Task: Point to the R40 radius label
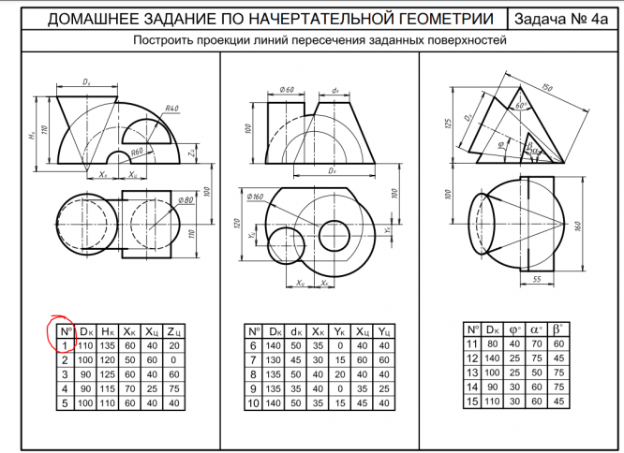(x=171, y=110)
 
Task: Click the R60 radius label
(x=138, y=151)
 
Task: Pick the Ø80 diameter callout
(x=186, y=200)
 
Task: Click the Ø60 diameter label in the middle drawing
(x=288, y=90)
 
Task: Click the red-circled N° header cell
(x=65, y=330)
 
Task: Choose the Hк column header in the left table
(x=109, y=330)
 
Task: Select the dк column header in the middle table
(x=297, y=330)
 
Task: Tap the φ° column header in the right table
(x=515, y=330)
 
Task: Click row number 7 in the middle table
(x=254, y=359)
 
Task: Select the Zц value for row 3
(x=175, y=373)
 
